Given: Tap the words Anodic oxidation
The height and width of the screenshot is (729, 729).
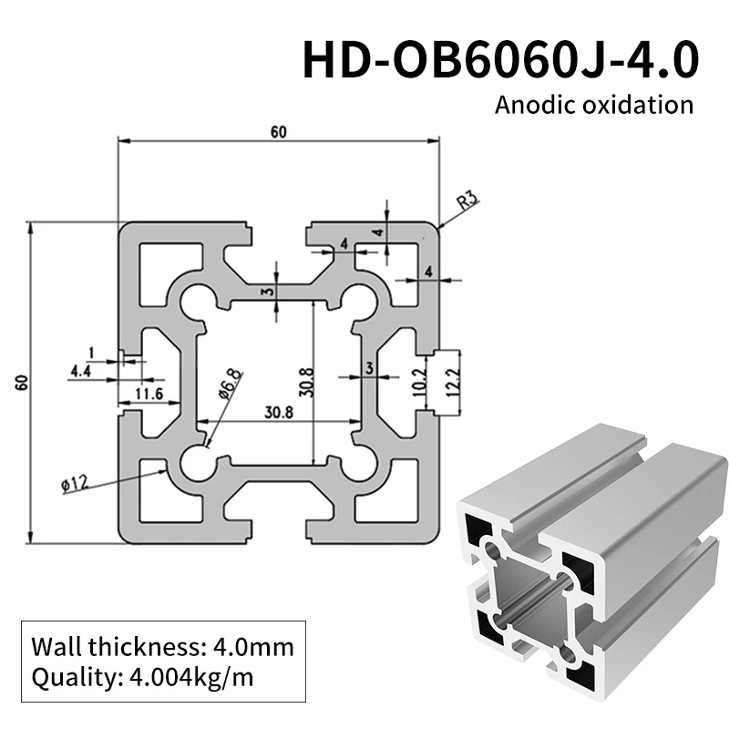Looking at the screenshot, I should (x=593, y=104).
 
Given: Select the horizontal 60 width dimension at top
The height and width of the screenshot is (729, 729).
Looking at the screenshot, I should (x=278, y=132).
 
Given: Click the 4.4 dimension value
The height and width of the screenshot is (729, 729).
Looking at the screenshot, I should (x=81, y=371).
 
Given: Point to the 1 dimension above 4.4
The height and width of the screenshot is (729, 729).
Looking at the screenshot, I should (x=91, y=353).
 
